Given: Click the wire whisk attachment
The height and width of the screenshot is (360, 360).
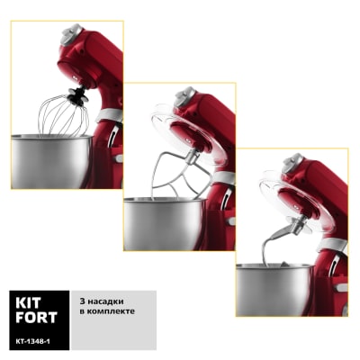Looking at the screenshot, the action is tap(64, 115).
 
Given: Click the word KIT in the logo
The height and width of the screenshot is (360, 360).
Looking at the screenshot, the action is tap(28, 303).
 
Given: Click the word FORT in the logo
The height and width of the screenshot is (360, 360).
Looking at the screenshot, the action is tap(36, 318).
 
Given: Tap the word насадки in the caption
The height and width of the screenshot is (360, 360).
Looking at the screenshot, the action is tap(104, 301).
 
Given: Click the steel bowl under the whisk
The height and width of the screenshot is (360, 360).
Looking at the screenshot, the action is tap(51, 161).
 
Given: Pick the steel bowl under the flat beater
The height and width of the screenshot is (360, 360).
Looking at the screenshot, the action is tap(165, 223).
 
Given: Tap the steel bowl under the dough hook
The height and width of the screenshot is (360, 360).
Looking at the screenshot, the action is tap(274, 290).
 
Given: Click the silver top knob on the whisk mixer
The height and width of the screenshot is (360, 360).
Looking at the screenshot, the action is tap(72, 34).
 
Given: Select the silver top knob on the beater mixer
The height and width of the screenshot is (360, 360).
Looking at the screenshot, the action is tap(184, 96).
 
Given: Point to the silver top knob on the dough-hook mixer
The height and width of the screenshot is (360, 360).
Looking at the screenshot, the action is tap(293, 163).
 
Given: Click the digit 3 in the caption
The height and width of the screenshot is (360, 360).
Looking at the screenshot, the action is tap(82, 301).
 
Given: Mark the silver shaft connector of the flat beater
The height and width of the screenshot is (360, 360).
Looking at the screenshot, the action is tap(191, 157).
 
